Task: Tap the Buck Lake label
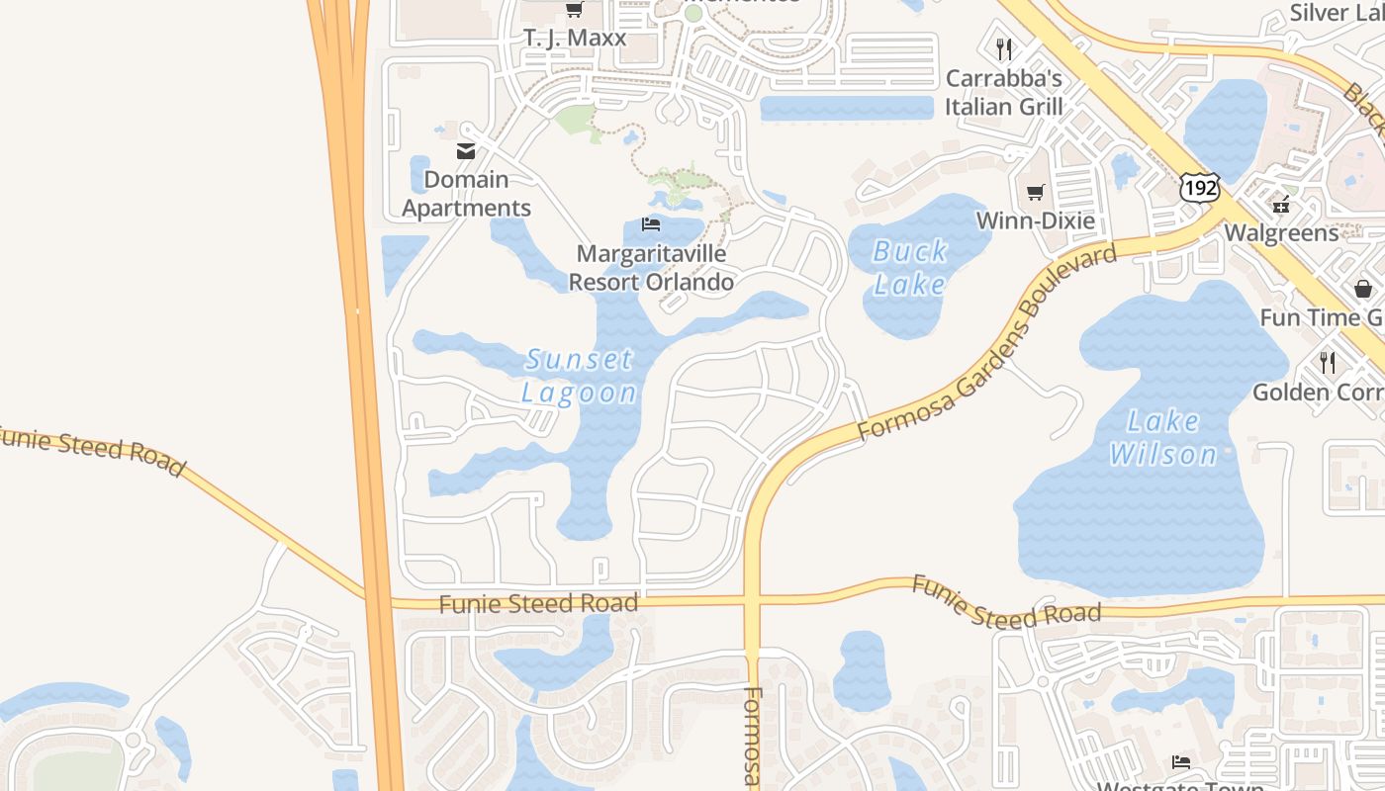pyautogui.click(x=910, y=268)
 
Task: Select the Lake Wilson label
pyautogui.click(x=1163, y=438)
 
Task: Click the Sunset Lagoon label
pyautogui.click(x=580, y=376)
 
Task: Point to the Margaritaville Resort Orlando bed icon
pyautogui.click(x=650, y=224)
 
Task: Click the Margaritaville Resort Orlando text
pyautogui.click(x=651, y=268)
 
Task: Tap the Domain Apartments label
pyautogui.click(x=466, y=194)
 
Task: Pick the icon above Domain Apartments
pyautogui.click(x=465, y=151)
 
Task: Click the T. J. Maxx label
pyautogui.click(x=575, y=39)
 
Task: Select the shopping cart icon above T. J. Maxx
pyautogui.click(x=574, y=9)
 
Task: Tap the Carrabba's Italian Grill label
pyautogui.click(x=1003, y=92)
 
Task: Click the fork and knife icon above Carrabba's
pyautogui.click(x=1004, y=48)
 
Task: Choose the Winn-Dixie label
pyautogui.click(x=1036, y=220)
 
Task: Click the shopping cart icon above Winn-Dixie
pyautogui.click(x=1036, y=192)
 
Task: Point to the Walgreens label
pyautogui.click(x=1281, y=233)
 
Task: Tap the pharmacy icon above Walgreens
pyautogui.click(x=1281, y=206)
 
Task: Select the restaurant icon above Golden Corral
pyautogui.click(x=1328, y=363)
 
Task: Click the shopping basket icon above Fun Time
pyautogui.click(x=1363, y=289)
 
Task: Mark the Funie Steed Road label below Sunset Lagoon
pyautogui.click(x=538, y=603)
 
